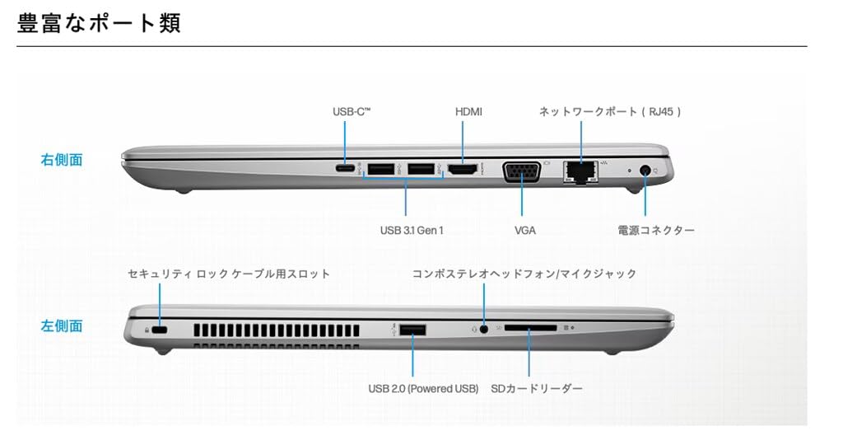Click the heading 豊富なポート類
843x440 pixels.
[x=99, y=22]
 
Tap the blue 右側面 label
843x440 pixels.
[x=62, y=160]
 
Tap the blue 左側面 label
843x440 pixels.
[x=62, y=325]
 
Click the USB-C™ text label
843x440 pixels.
[x=352, y=111]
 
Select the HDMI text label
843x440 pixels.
[x=468, y=111]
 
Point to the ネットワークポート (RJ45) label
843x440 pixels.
[x=610, y=111]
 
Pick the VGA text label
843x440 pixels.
[x=525, y=231]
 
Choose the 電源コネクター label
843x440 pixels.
[x=656, y=231]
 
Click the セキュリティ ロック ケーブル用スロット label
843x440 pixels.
[x=229, y=274]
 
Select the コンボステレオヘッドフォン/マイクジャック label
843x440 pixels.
[x=524, y=274]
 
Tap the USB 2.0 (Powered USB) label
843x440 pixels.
[x=423, y=388]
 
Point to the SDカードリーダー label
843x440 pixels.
[x=537, y=388]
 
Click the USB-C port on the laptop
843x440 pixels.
[x=347, y=171]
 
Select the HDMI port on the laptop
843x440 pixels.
[x=462, y=171]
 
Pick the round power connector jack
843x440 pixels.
[x=644, y=171]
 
